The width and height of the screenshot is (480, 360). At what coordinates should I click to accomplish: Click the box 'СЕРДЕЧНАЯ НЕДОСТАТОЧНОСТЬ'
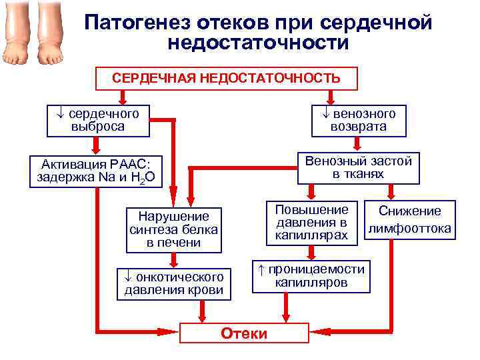tap(226, 79)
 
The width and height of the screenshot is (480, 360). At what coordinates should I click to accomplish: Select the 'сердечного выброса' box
tap(97, 120)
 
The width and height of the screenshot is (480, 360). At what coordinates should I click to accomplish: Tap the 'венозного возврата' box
tap(358, 120)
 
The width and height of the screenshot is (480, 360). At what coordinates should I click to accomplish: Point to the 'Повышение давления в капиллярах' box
tap(312, 222)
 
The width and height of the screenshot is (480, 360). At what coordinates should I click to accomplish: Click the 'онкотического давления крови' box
tap(175, 283)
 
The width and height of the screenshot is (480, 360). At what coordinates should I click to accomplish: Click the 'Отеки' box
tap(245, 333)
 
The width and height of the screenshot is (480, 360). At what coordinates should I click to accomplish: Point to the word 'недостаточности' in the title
tap(259, 44)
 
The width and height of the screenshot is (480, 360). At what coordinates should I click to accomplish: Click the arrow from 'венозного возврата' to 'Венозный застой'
tap(358, 143)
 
